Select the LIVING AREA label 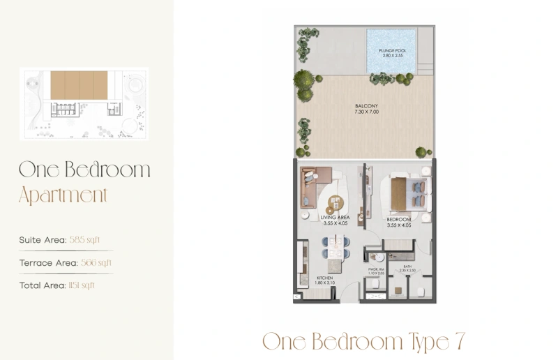(x=336, y=218)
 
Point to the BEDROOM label (x=400, y=219)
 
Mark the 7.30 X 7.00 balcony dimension (x=365, y=112)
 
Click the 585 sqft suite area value (x=89, y=239)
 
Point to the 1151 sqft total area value (x=82, y=285)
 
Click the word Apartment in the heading (x=63, y=195)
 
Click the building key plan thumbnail (x=84, y=103)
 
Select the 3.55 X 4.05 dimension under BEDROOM (x=400, y=225)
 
